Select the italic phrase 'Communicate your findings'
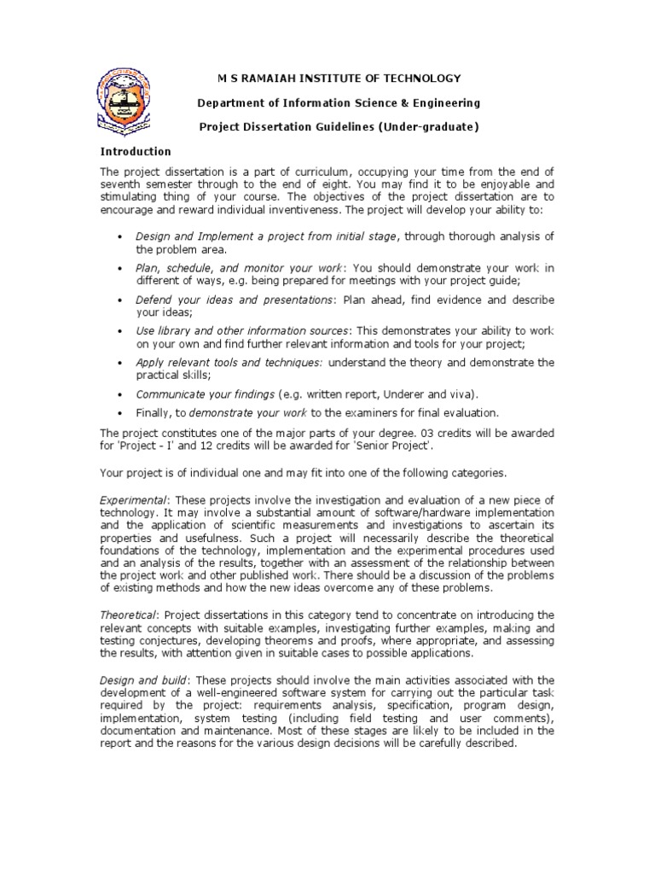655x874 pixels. tap(205, 394)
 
